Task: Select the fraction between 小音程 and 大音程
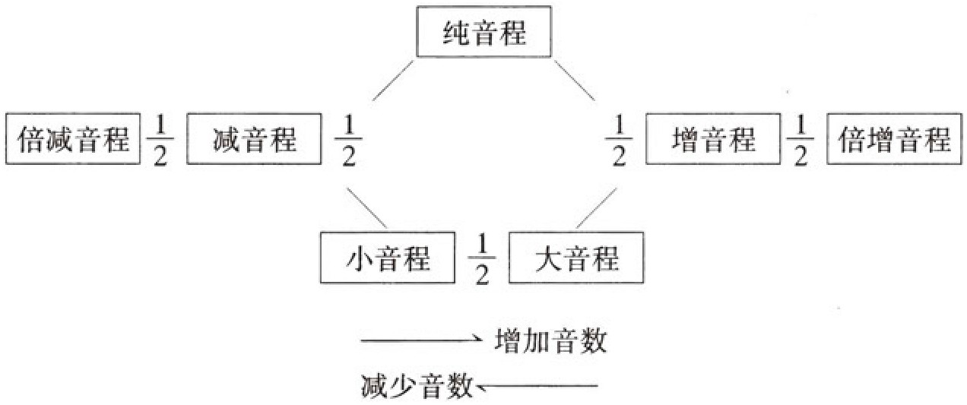tap(480, 260)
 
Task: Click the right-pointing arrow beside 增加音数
tap(422, 341)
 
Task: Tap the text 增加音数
tap(550, 341)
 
